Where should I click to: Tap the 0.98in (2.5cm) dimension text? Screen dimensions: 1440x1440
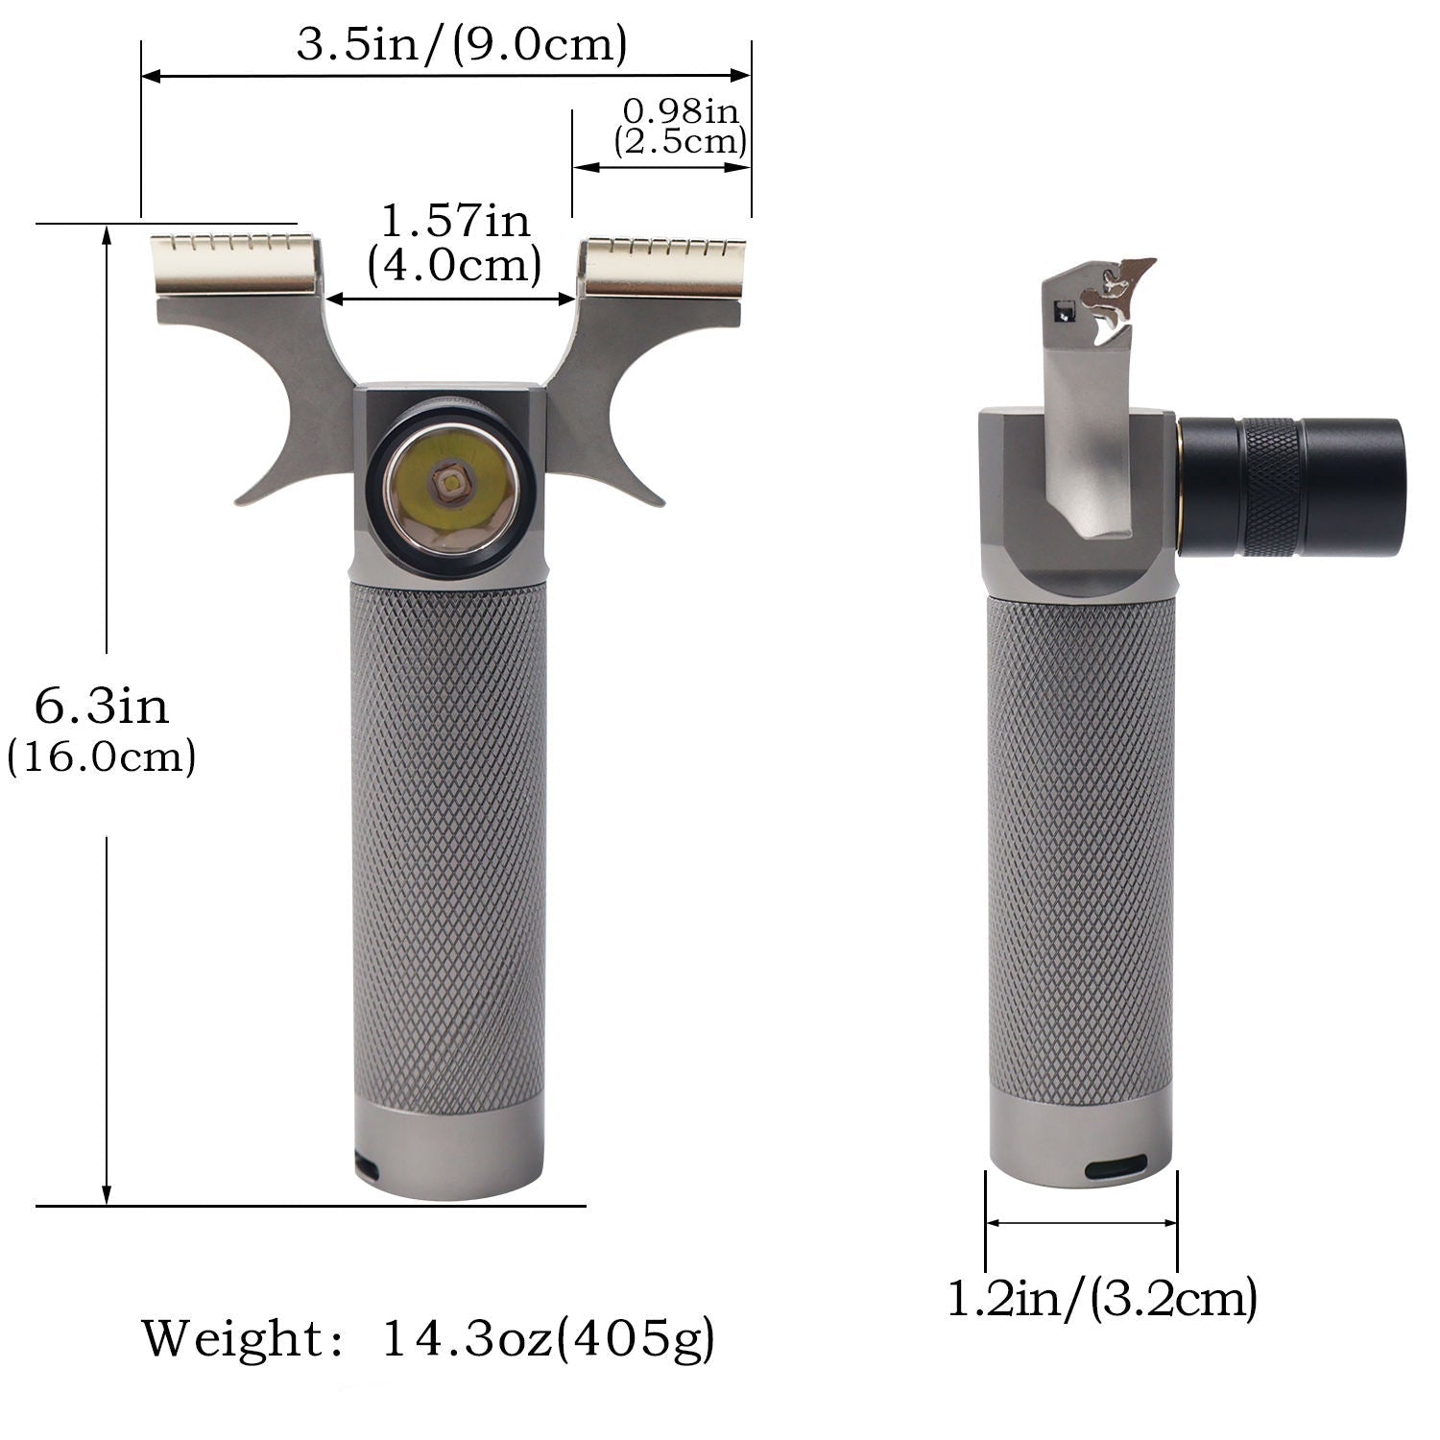coord(681,127)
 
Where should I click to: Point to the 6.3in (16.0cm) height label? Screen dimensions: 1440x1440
coord(102,730)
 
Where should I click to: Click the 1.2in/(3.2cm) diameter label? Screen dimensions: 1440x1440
coord(1102,1299)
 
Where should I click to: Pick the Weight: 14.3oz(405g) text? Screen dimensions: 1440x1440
coord(429,1338)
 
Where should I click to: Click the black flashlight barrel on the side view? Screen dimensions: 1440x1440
coord(1291,487)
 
